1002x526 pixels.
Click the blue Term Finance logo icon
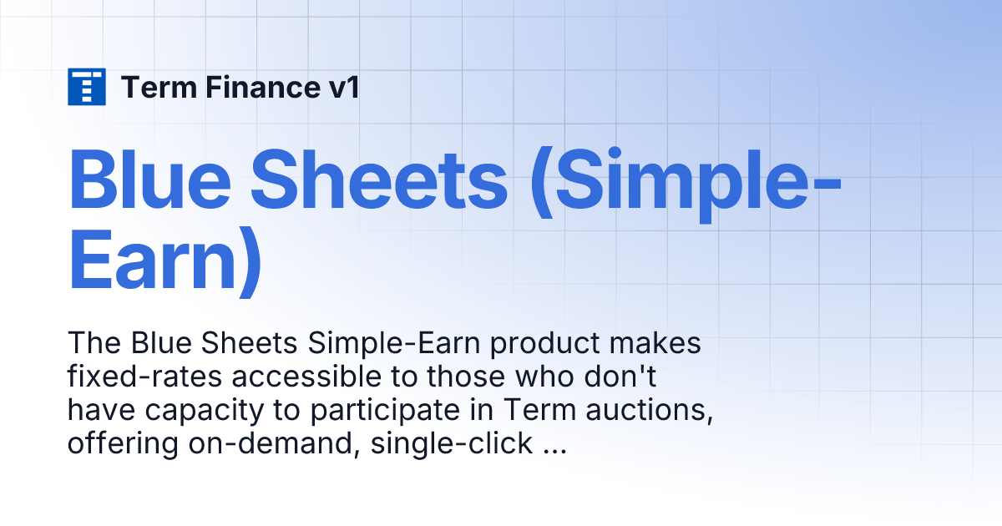click(87, 87)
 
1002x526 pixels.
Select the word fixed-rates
click(144, 377)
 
